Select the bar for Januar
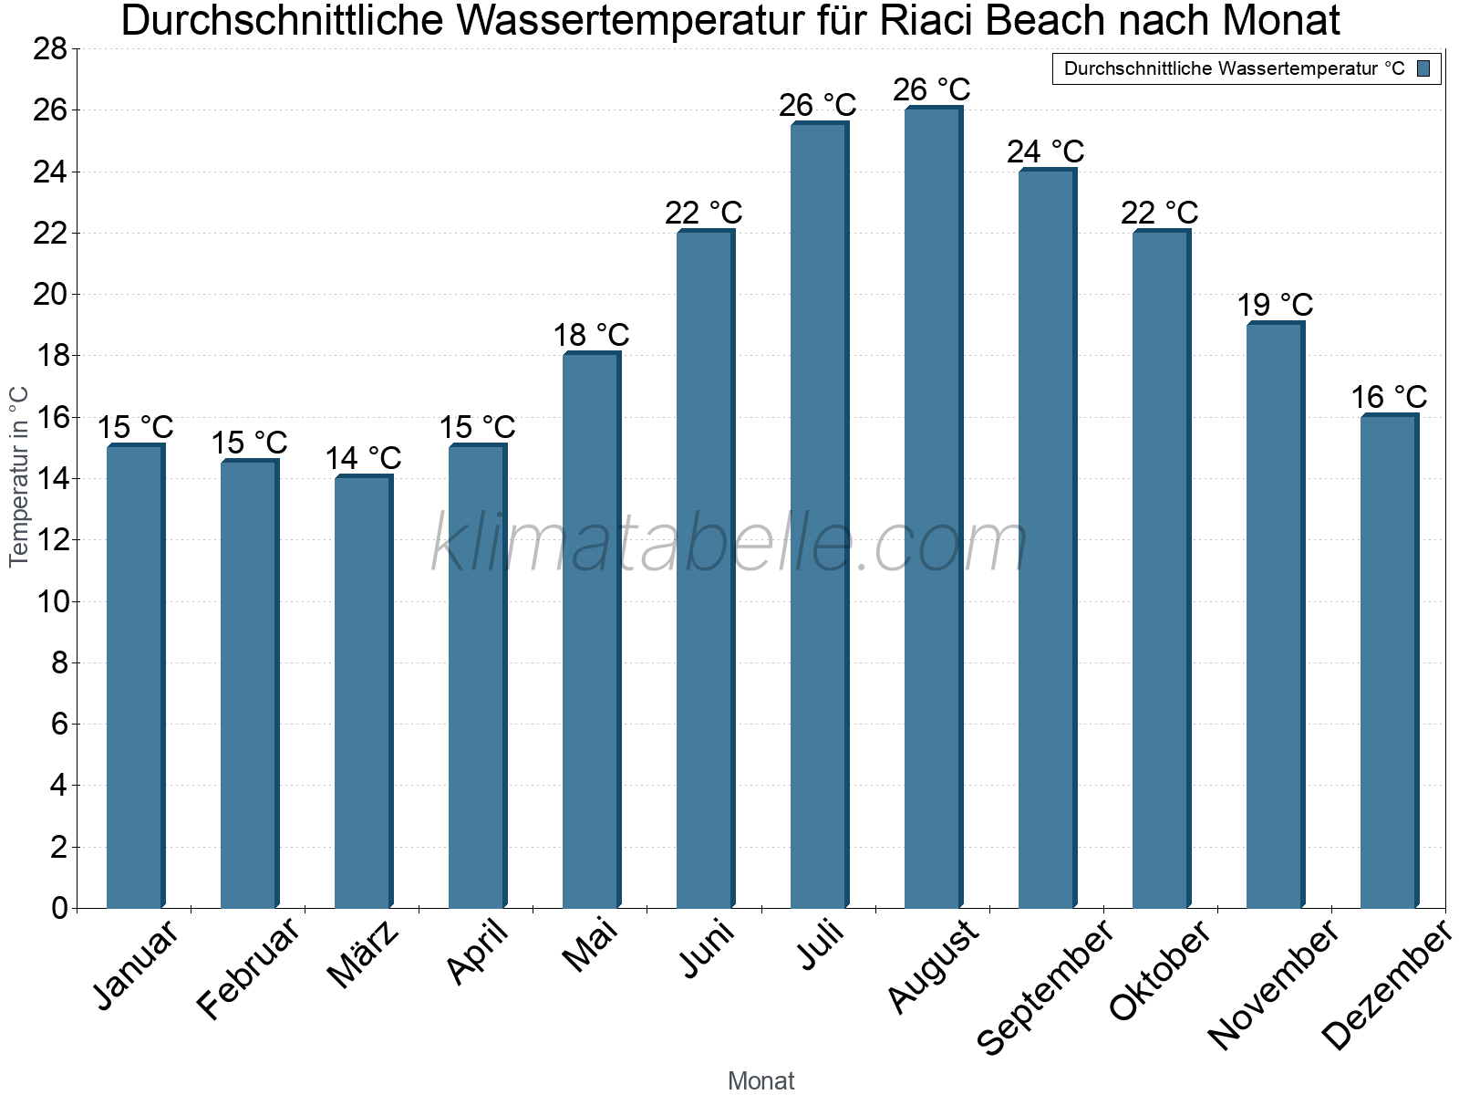pos(135,675)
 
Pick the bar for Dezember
pos(1389,661)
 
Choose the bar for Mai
pos(591,630)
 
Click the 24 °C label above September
pos(1045,151)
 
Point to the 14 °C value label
pos(363,458)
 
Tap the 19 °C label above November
pos(1275,305)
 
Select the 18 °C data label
pos(591,336)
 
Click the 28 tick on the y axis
pos(50,49)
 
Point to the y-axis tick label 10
pos(50,601)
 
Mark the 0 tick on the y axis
pos(59,908)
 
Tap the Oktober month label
pos(1160,971)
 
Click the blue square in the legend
pos(1423,68)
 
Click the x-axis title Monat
pos(761,1081)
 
